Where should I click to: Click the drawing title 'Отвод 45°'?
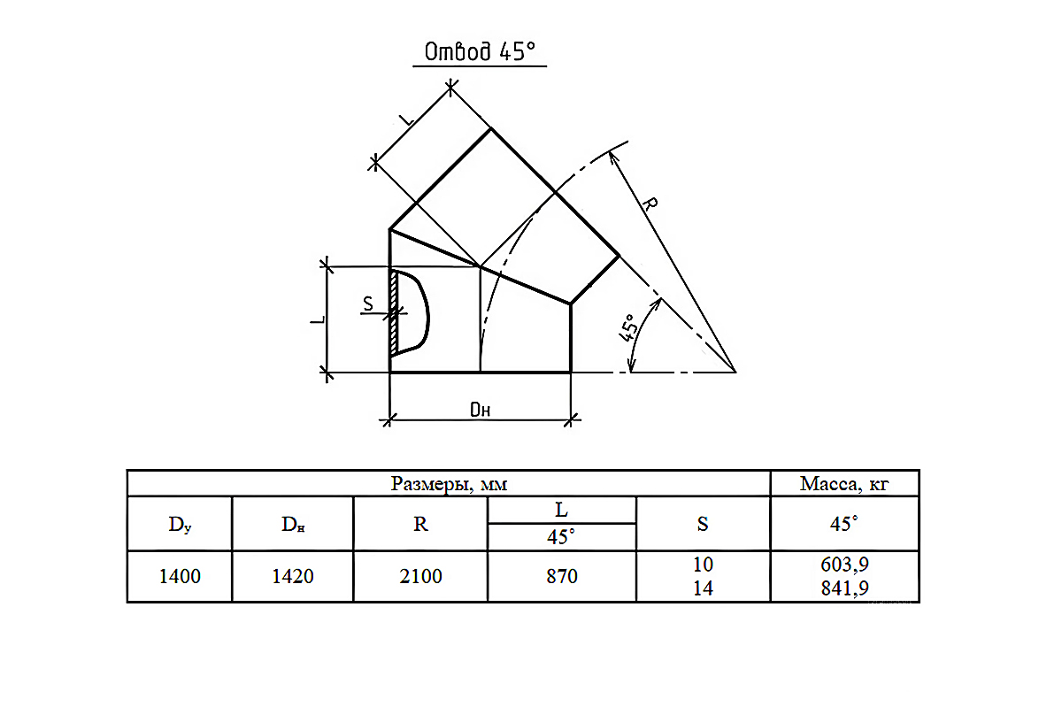coord(480,51)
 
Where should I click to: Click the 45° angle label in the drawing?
coord(627,327)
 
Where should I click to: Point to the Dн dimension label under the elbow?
coord(480,410)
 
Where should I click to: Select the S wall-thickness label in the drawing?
coord(368,304)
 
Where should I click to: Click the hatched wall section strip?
coord(394,313)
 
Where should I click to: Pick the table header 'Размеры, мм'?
coord(449,484)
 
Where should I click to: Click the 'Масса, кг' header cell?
coord(844,484)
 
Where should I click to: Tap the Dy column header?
coord(180,525)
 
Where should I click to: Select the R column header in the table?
coord(420,524)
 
